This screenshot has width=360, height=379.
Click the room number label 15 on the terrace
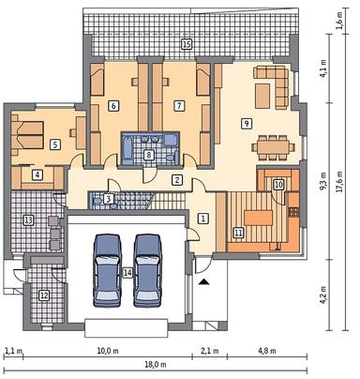coord(187,44)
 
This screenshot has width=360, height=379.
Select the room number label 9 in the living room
coord(246,123)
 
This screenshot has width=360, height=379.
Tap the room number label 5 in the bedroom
coord(54,144)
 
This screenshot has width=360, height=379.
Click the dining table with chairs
coord(273,146)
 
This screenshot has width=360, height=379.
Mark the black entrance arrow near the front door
coord(204,281)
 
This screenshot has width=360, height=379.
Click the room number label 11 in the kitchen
coord(238,232)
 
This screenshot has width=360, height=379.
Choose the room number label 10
coord(277,185)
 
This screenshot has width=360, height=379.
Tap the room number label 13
coord(28,220)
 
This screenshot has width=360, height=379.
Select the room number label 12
coord(44,296)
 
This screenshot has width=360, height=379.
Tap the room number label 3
coord(109,198)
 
